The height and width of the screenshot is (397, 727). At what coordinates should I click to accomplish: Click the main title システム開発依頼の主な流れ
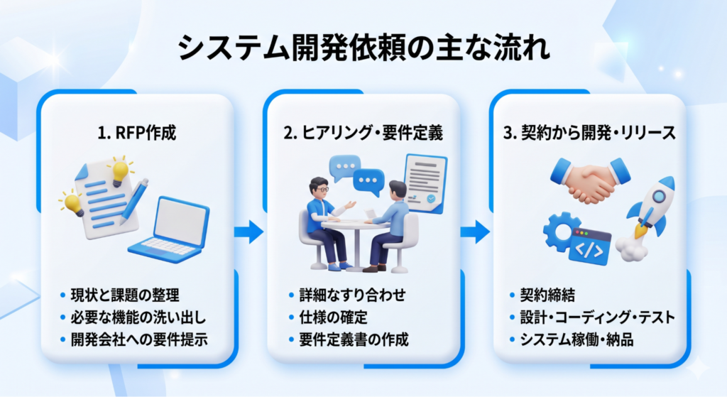tap(363, 49)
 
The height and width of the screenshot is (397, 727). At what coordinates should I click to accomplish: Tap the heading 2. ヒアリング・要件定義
tap(363, 133)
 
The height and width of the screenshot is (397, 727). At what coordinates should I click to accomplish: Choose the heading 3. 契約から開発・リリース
tap(589, 133)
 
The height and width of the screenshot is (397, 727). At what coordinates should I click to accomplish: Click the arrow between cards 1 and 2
tap(248, 231)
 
